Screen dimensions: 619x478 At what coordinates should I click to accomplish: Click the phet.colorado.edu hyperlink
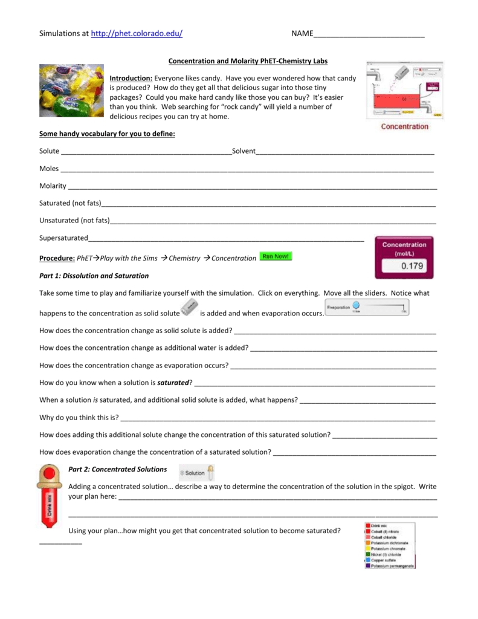(136, 34)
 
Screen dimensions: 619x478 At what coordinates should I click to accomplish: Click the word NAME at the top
(302, 34)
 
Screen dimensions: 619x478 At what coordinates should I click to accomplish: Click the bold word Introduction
(131, 79)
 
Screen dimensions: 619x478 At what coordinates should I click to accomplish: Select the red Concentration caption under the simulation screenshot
(404, 126)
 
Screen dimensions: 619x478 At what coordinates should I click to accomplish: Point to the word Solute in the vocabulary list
(50, 151)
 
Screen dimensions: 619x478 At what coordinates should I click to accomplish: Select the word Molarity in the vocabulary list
(53, 186)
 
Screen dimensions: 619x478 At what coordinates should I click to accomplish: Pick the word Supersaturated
(63, 238)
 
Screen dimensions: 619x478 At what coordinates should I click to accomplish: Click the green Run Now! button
(276, 256)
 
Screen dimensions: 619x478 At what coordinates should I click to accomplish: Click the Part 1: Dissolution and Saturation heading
(94, 276)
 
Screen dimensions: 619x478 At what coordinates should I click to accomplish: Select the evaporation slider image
(367, 307)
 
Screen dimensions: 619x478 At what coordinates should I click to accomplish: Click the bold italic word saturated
(173, 383)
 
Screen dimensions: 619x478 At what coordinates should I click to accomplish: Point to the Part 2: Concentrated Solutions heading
(118, 469)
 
